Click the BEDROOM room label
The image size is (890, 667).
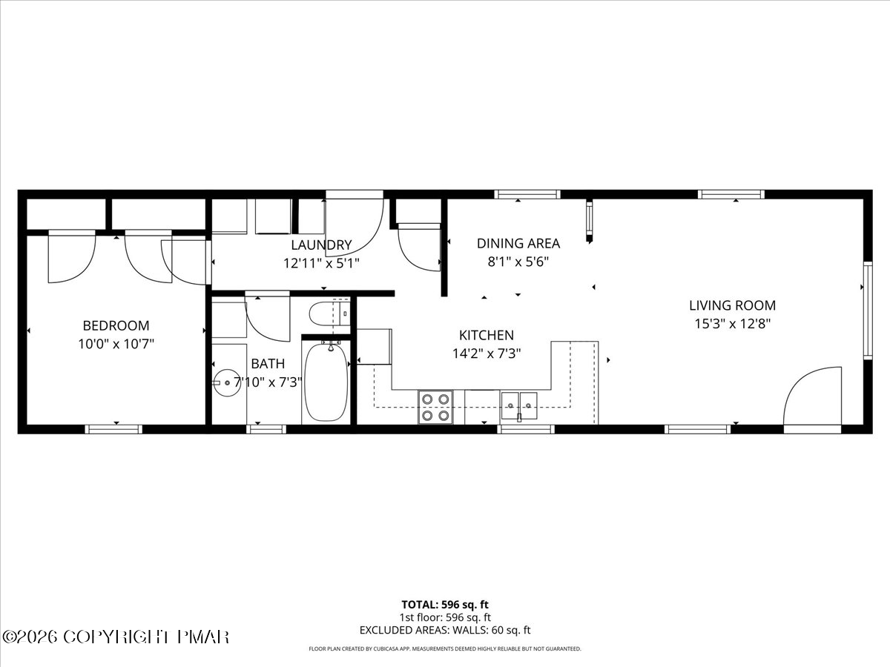point(116,325)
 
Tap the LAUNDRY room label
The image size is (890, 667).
point(321,245)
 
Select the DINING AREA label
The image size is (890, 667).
point(518,243)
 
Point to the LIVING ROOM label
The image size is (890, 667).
point(732,305)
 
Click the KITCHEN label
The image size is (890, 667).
point(486,335)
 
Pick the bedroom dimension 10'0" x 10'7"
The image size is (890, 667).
point(116,344)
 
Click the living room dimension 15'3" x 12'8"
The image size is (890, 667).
point(732,324)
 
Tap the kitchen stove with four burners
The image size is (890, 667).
point(435,408)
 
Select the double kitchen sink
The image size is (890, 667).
point(519,405)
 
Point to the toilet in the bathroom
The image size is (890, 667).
point(329,313)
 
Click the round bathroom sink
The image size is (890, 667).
point(227,382)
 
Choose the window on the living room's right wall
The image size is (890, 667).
point(867,311)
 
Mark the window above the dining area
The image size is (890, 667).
point(527,194)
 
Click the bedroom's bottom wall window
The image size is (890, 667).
point(113,429)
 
